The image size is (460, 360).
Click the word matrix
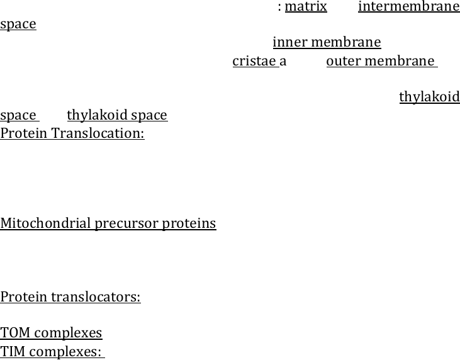(x=306, y=6)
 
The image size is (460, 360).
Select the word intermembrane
(x=409, y=6)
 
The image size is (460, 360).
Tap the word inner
(x=290, y=42)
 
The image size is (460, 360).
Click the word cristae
(x=254, y=61)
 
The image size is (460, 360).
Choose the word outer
(x=344, y=61)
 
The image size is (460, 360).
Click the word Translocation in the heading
(x=98, y=133)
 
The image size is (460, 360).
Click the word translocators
(x=96, y=297)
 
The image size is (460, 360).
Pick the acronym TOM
(x=15, y=333)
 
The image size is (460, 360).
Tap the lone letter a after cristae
(x=283, y=62)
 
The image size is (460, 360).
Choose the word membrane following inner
(x=346, y=42)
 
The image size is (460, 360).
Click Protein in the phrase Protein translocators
(x=24, y=297)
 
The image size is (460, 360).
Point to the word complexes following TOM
(x=68, y=334)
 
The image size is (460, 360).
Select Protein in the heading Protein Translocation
(x=24, y=133)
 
